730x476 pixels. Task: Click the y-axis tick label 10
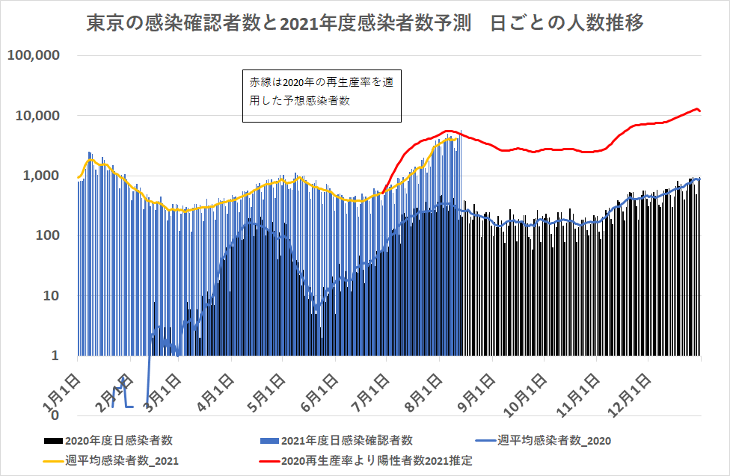[54, 295]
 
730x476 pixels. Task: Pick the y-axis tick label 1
[58, 355]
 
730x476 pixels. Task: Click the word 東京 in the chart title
[101, 24]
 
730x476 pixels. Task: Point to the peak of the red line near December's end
[697, 109]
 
